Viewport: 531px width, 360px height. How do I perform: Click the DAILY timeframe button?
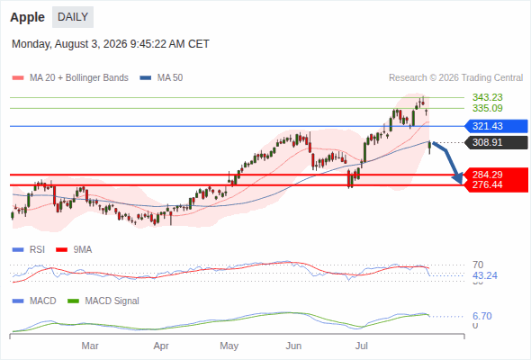click(73, 17)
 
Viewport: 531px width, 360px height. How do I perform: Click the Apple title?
click(27, 17)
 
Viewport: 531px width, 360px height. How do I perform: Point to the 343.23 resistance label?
click(487, 97)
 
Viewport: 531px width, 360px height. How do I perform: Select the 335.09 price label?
click(487, 108)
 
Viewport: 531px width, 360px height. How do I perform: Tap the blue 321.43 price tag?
click(496, 126)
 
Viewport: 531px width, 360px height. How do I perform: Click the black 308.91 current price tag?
click(496, 142)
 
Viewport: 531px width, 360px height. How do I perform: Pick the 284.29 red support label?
click(487, 175)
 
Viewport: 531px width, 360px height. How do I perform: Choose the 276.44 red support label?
click(487, 184)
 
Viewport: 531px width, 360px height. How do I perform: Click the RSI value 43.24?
click(485, 275)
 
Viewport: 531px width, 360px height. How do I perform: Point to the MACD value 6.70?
click(481, 316)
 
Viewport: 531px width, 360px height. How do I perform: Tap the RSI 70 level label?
click(478, 265)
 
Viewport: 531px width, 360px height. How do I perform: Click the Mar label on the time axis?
click(90, 346)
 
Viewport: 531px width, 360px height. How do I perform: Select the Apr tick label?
click(161, 346)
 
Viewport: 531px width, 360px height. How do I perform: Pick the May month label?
click(229, 346)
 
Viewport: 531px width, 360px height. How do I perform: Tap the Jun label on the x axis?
click(293, 346)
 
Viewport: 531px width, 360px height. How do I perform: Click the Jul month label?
click(362, 346)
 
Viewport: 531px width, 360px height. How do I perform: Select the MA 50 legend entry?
click(161, 78)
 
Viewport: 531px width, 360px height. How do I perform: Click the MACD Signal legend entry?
click(103, 301)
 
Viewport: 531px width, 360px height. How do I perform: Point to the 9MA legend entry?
click(74, 250)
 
